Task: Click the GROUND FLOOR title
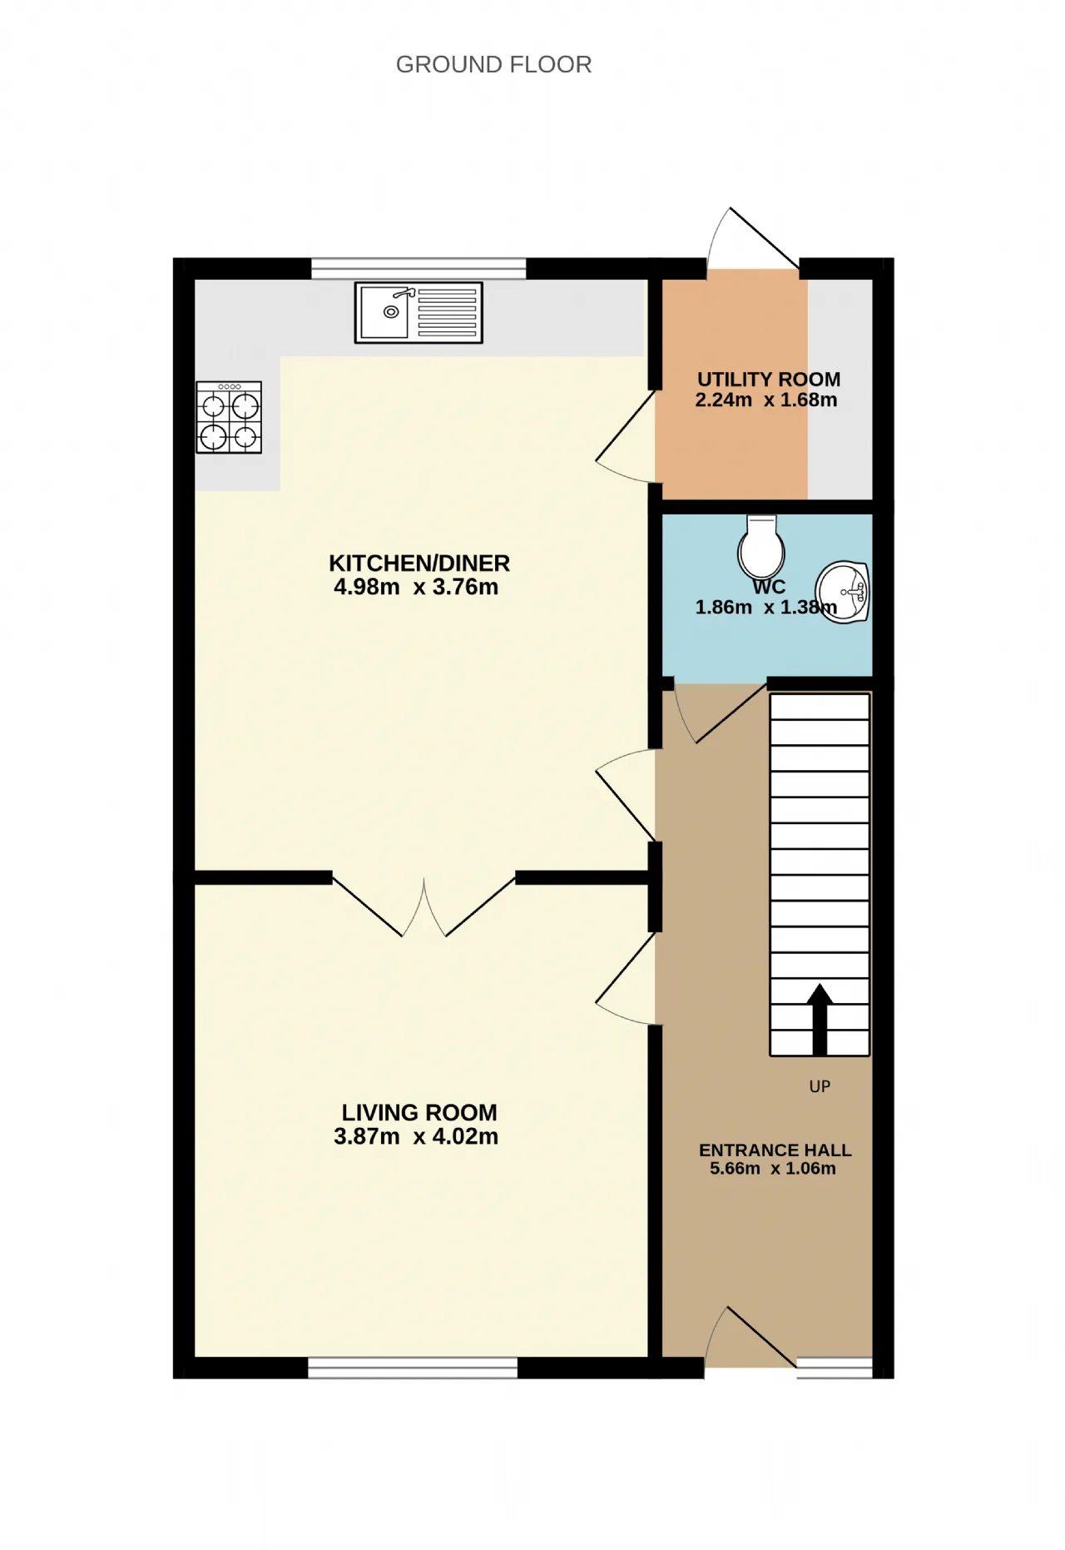493,64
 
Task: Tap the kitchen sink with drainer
419,313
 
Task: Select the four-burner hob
229,417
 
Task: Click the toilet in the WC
761,546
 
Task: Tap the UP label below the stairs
820,1086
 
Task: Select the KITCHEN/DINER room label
419,564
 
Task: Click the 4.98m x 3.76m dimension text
416,587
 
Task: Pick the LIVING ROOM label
419,1113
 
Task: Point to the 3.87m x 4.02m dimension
416,1136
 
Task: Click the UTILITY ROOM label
769,380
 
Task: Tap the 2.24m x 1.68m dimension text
766,400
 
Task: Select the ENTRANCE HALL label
775,1150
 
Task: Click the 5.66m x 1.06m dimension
773,1169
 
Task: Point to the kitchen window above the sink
419,268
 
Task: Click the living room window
413,1368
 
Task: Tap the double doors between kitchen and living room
424,907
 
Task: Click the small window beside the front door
835,1368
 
